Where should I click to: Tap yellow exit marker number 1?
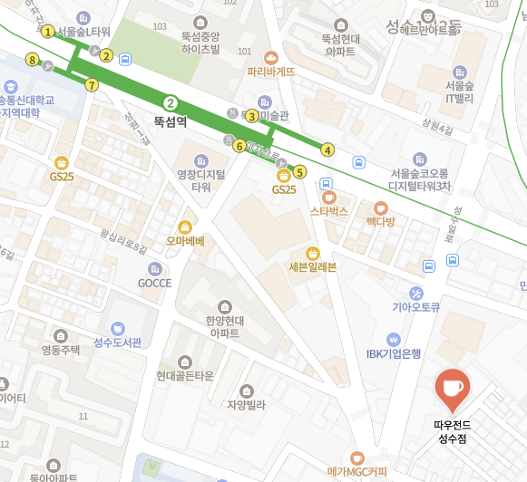click(x=47, y=32)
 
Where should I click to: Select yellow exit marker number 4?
click(x=327, y=149)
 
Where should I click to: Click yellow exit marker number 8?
click(x=33, y=61)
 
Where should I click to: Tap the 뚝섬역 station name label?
click(x=170, y=120)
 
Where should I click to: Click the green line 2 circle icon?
click(x=170, y=102)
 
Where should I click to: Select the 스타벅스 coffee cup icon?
click(x=328, y=196)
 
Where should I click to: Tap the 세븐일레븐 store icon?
click(x=312, y=253)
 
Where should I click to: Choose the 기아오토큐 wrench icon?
click(x=416, y=293)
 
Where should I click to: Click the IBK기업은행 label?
click(x=394, y=354)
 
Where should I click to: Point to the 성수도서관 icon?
click(x=118, y=328)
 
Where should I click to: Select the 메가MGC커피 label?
click(x=356, y=471)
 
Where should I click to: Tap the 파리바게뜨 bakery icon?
click(x=270, y=56)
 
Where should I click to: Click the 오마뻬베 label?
click(x=185, y=241)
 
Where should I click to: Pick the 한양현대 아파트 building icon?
click(x=224, y=307)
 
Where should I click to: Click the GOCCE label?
click(x=154, y=283)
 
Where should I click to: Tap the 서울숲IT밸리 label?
click(x=462, y=92)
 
